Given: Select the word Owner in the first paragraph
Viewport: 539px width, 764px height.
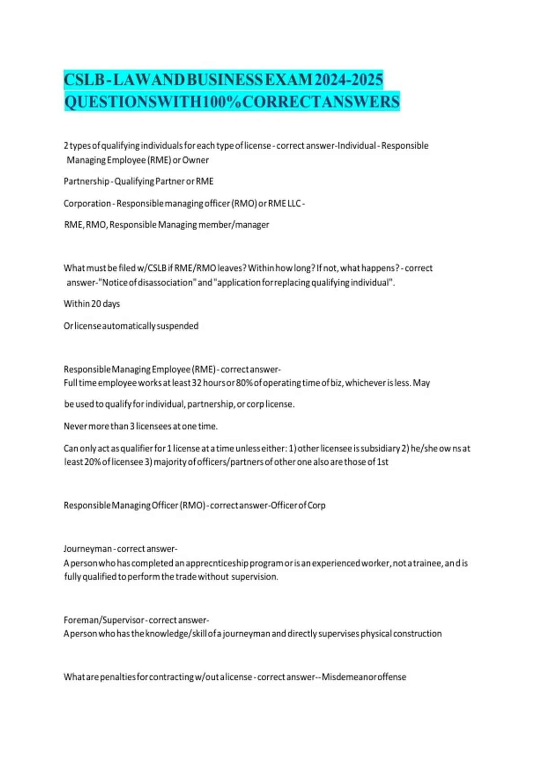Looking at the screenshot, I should (195, 160).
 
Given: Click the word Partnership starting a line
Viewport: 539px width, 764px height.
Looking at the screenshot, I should (86, 181).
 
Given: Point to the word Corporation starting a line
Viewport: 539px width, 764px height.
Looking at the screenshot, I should (87, 203).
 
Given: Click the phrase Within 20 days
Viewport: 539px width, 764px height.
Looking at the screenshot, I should (92, 304).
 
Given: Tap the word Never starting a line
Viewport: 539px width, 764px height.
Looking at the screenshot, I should (75, 426).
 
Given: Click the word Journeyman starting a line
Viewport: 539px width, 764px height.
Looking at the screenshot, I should (88, 549).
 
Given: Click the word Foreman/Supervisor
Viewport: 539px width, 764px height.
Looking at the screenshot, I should (104, 620).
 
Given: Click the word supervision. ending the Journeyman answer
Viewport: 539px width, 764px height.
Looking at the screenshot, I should (255, 577).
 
